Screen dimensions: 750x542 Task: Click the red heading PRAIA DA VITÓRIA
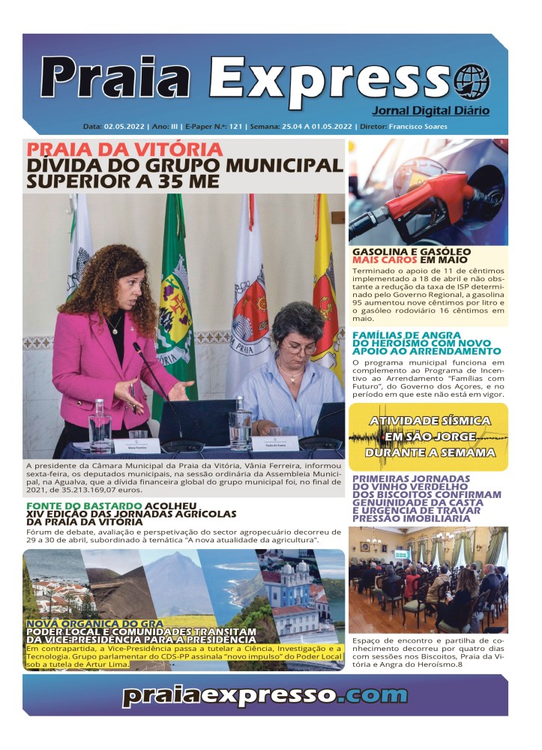[124, 149]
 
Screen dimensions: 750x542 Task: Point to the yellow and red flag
[327, 285]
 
